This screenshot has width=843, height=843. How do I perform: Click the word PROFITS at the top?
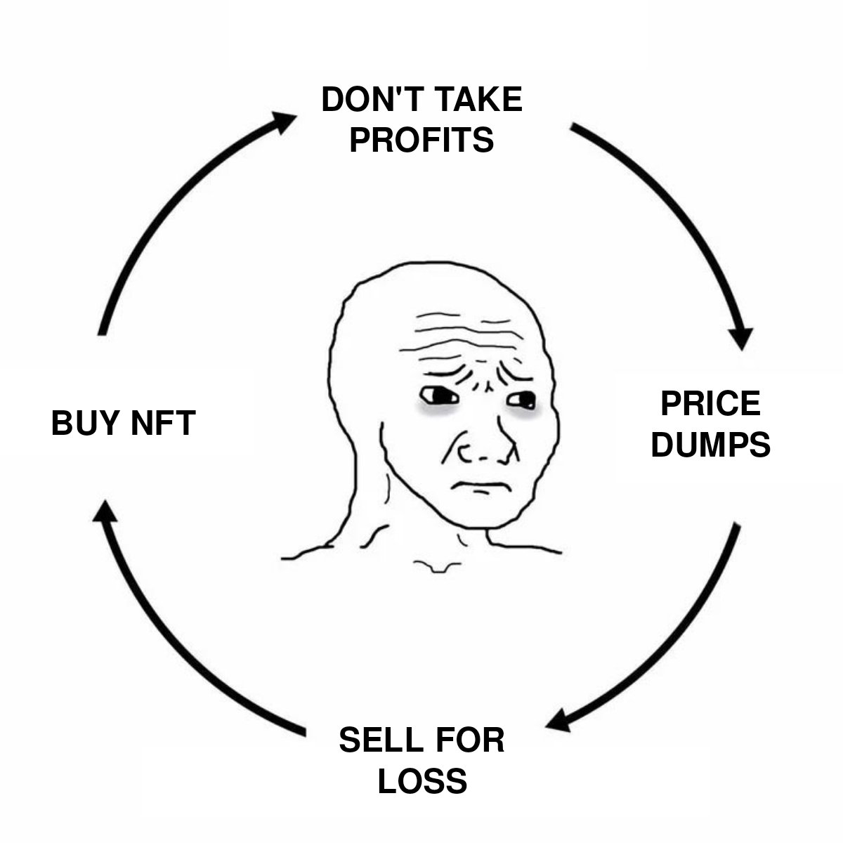[421, 139]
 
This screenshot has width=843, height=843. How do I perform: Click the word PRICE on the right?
[710, 405]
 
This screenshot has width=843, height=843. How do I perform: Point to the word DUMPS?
[710, 444]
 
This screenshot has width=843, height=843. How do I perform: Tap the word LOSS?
[422, 780]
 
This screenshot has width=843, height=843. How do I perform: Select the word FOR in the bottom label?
[469, 740]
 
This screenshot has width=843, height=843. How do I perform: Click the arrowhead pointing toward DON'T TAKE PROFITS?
[284, 122]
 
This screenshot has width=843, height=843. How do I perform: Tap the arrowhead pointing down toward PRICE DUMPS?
[740, 338]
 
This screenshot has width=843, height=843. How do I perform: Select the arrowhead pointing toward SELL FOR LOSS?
[559, 721]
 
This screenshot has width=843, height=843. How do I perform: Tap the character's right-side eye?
[523, 402]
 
